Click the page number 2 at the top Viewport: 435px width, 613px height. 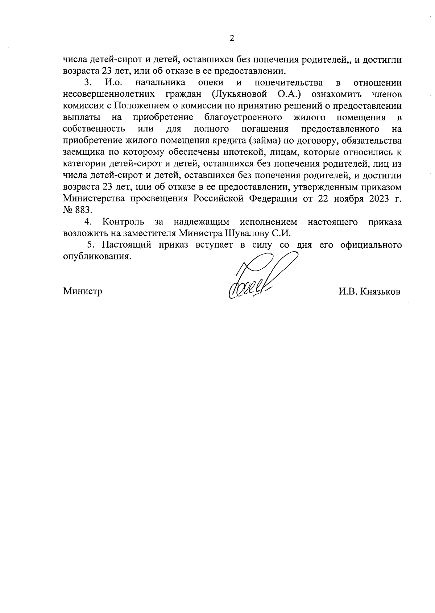coord(232,38)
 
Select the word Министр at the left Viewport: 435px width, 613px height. coord(83,291)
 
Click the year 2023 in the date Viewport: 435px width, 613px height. coord(376,199)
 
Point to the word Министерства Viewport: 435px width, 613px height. coord(94,199)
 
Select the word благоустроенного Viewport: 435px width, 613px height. coord(243,118)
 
